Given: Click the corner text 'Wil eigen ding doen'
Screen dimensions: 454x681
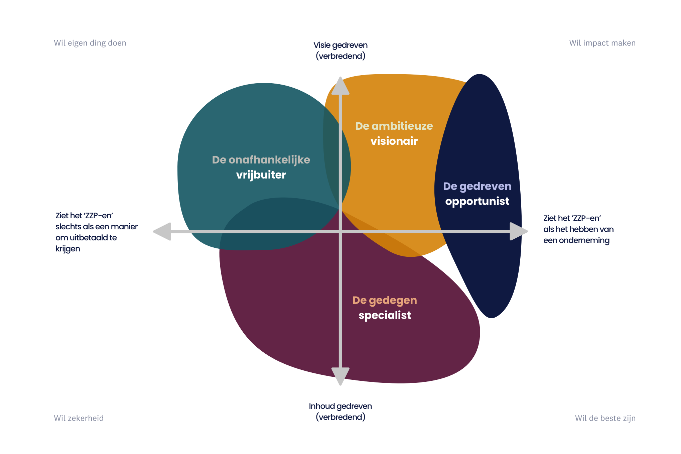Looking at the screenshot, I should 90,43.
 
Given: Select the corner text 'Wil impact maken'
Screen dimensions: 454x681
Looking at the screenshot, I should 602,43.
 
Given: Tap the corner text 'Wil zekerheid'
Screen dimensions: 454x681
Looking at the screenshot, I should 79,418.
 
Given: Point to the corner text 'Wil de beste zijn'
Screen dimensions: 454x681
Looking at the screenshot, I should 605,418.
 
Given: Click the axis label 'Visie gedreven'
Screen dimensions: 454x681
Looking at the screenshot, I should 340,45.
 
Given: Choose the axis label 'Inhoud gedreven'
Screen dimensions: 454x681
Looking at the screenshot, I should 340,406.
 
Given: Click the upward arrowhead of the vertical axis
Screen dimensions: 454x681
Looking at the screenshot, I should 340,87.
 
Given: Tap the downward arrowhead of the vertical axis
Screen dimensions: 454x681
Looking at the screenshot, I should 340,376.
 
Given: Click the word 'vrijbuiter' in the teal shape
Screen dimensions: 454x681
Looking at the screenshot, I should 261,175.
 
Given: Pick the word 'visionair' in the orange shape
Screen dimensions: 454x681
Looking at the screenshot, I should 394,141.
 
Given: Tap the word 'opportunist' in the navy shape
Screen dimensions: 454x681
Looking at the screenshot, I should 477,201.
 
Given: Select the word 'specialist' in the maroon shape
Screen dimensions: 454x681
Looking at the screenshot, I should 385,315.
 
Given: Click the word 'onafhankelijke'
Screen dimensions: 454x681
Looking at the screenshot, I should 269,160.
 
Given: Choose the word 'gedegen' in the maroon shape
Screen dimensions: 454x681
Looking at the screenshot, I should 393,301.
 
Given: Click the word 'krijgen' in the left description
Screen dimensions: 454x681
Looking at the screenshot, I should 68,249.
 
